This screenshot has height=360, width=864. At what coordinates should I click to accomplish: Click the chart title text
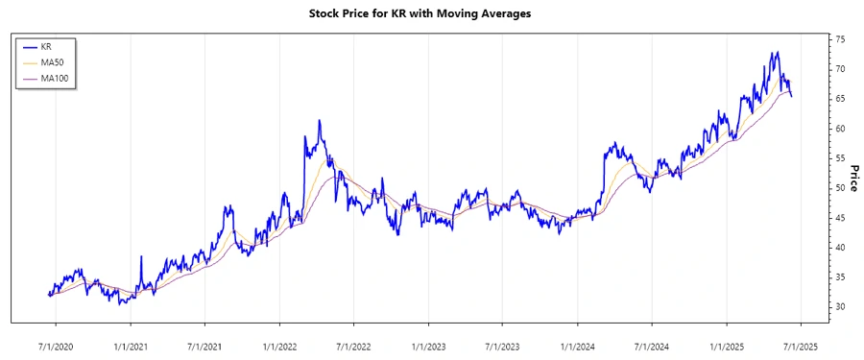pos(431,13)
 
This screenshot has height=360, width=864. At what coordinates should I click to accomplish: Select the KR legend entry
pos(46,45)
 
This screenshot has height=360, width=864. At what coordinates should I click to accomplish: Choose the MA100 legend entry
pos(54,78)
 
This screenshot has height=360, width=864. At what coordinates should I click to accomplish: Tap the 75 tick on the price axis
pos(839,39)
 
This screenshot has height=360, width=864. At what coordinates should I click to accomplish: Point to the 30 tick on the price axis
pos(839,306)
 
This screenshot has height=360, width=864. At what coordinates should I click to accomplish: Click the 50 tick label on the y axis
pos(839,188)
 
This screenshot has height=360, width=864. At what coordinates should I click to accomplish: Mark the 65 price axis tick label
pos(839,99)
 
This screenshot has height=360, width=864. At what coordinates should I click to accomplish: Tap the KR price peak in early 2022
pos(320,121)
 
